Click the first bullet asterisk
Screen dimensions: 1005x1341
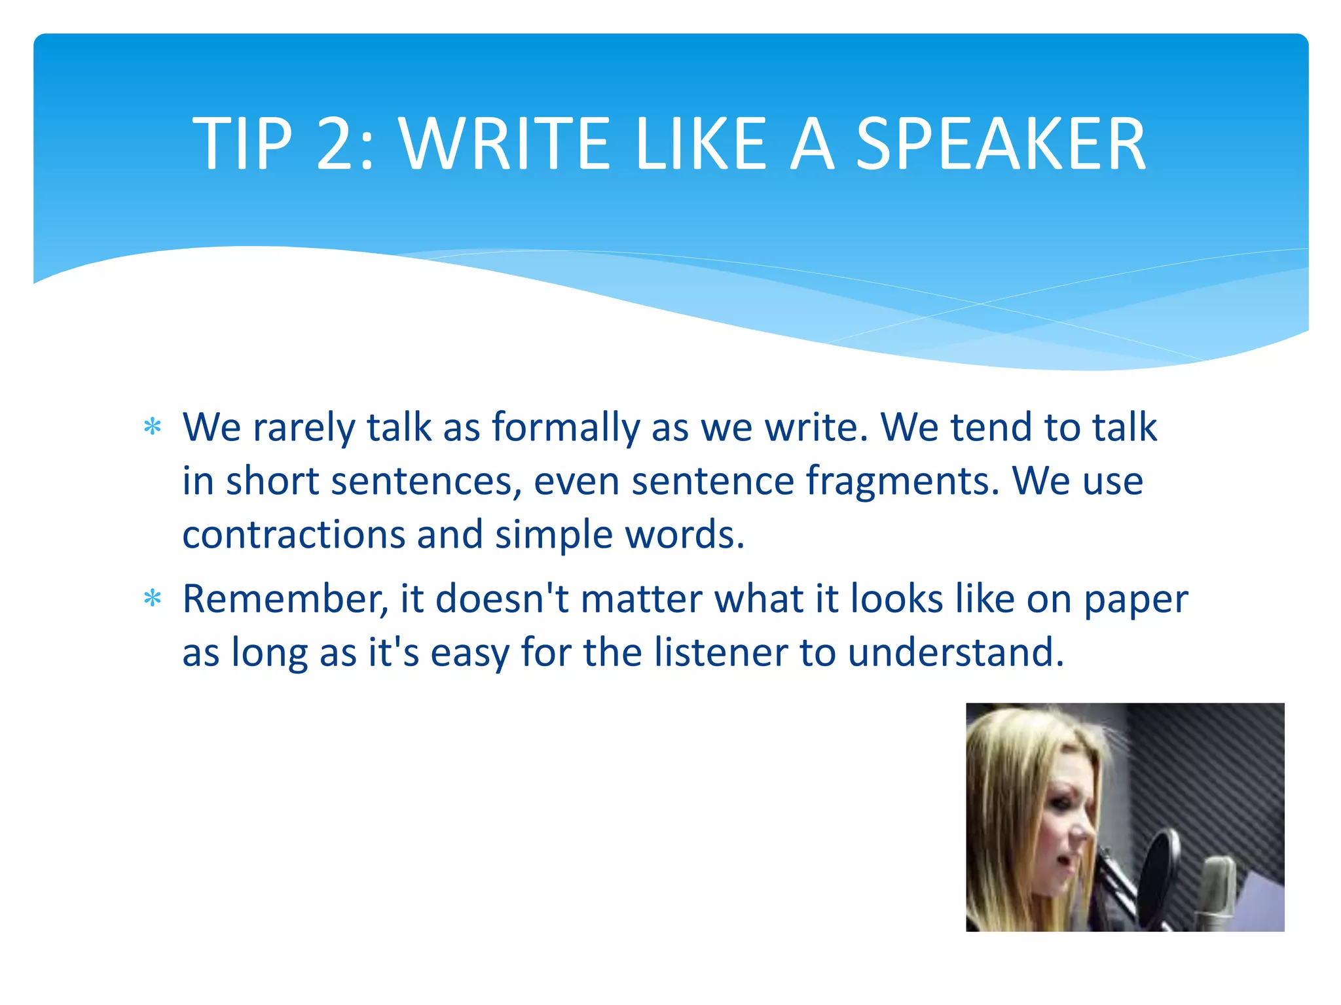click(x=153, y=427)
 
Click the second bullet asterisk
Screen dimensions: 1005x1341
click(x=153, y=598)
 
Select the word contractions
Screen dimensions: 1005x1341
click(x=294, y=535)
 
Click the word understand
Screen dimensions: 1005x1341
click(x=956, y=652)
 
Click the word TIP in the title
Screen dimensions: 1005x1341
click(x=242, y=144)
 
